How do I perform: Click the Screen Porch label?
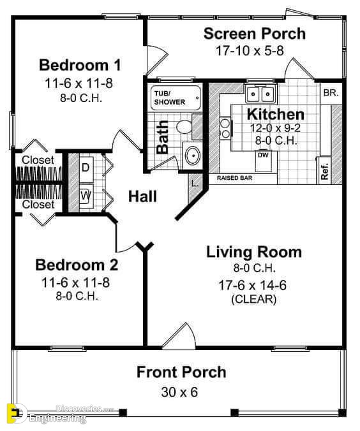point(255,34)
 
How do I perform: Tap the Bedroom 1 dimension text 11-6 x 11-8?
point(79,84)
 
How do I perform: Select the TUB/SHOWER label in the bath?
point(169,98)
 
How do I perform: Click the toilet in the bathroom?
point(184,127)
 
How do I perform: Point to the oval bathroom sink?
point(192,156)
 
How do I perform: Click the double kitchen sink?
point(260,94)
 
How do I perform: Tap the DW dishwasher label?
point(263,155)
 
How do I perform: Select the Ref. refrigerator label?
point(325,172)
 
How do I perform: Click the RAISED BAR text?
point(234,178)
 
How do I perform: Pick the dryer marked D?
point(86,168)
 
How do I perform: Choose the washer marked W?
point(86,196)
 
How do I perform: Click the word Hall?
point(142,196)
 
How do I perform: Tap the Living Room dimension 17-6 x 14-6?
point(252,285)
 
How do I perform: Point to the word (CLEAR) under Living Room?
point(254,299)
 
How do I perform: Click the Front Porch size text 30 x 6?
point(179,392)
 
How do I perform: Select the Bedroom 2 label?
point(77,265)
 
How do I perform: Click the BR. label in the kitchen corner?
point(331,92)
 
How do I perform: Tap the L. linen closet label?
point(195,184)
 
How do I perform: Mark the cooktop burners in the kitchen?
point(225,128)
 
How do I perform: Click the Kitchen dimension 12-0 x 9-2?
point(275,128)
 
